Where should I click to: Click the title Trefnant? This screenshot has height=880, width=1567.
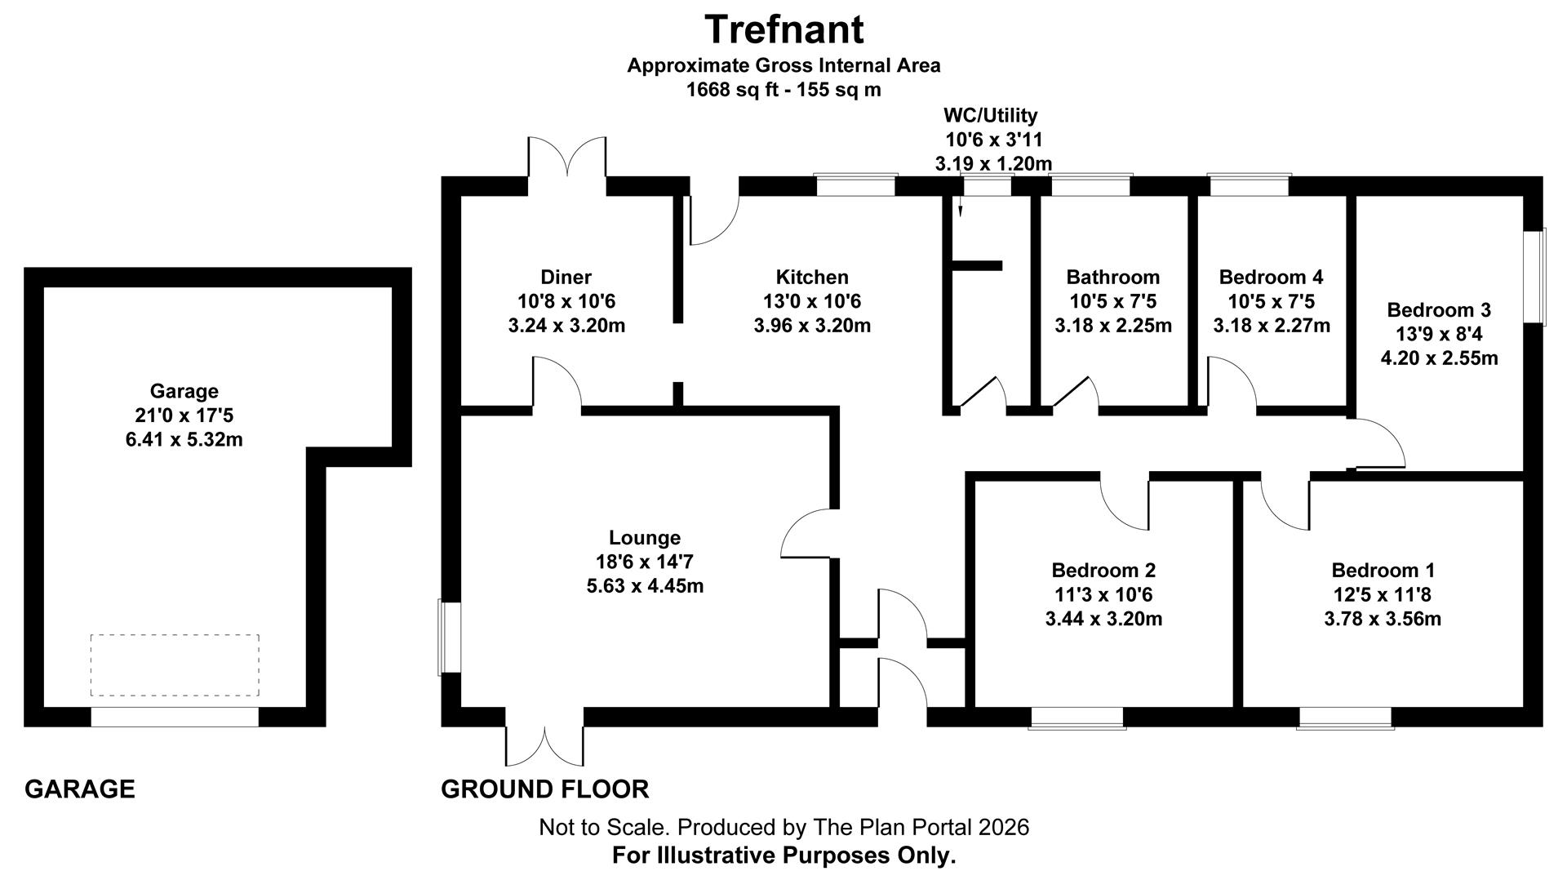[783, 30]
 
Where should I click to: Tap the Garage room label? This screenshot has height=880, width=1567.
[184, 391]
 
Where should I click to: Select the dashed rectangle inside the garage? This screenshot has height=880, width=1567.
[175, 665]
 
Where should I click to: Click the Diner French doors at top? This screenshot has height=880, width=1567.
[567, 157]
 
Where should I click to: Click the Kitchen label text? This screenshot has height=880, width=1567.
[812, 277]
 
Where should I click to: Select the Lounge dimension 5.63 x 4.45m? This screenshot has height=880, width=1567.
[645, 586]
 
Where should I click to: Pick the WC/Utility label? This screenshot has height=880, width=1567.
[990, 115]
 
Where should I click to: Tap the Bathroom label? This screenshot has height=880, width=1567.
[1112, 277]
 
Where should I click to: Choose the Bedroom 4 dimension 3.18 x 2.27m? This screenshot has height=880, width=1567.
[1271, 326]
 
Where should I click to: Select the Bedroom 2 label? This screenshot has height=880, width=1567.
[1103, 570]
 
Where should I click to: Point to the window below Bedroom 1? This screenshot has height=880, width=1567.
[1344, 718]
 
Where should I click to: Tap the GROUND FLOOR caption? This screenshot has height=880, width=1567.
[544, 789]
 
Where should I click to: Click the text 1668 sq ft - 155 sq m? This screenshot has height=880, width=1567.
[783, 90]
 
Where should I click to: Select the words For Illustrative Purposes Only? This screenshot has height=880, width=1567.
[783, 856]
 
